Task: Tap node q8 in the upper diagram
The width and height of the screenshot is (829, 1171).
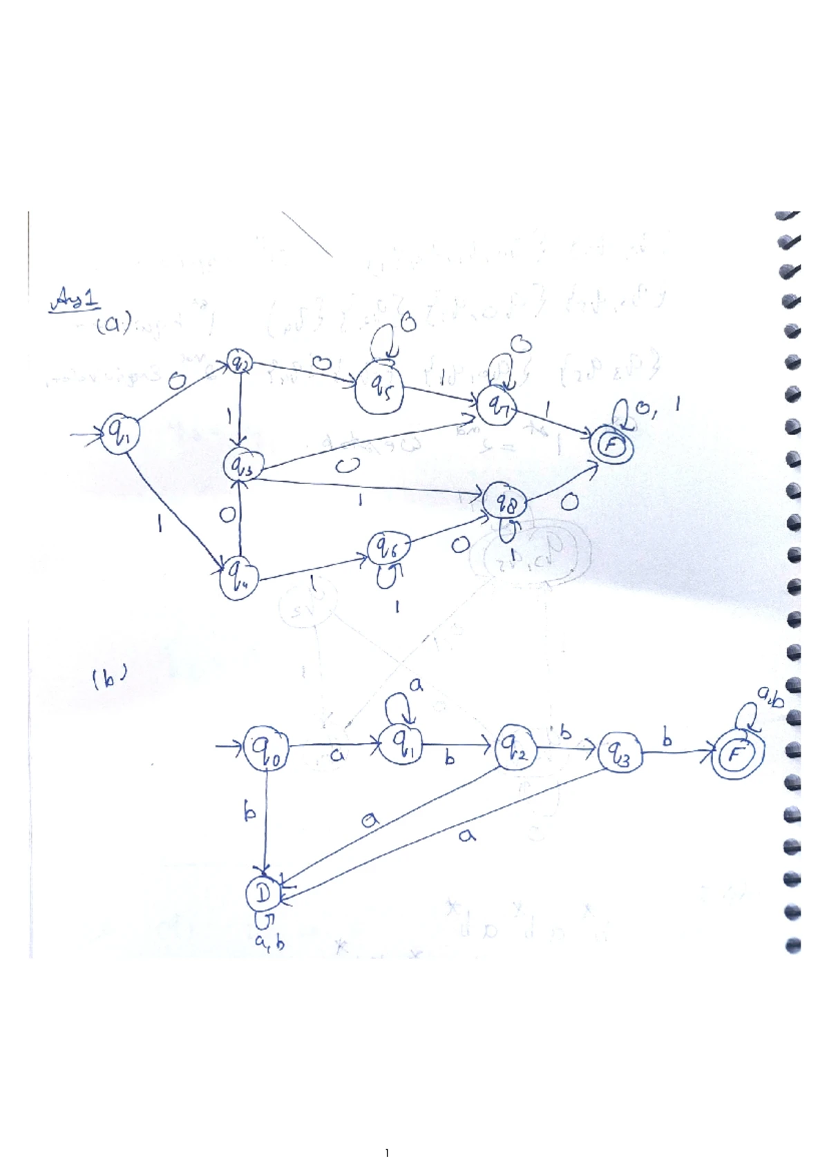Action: tap(507, 503)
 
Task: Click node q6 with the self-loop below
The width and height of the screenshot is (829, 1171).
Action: tap(388, 549)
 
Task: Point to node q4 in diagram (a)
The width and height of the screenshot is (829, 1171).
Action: tap(238, 577)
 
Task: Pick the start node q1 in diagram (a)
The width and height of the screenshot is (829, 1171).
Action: tap(121, 434)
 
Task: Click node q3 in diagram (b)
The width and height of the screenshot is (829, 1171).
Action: tap(620, 753)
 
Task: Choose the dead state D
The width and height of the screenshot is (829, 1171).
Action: tap(263, 895)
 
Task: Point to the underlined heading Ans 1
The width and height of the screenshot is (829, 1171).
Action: tap(74, 302)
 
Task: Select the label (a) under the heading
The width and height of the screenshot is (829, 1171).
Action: tap(113, 325)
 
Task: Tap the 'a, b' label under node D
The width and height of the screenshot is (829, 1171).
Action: tap(269, 941)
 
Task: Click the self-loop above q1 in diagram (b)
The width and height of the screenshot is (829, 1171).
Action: tap(399, 706)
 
